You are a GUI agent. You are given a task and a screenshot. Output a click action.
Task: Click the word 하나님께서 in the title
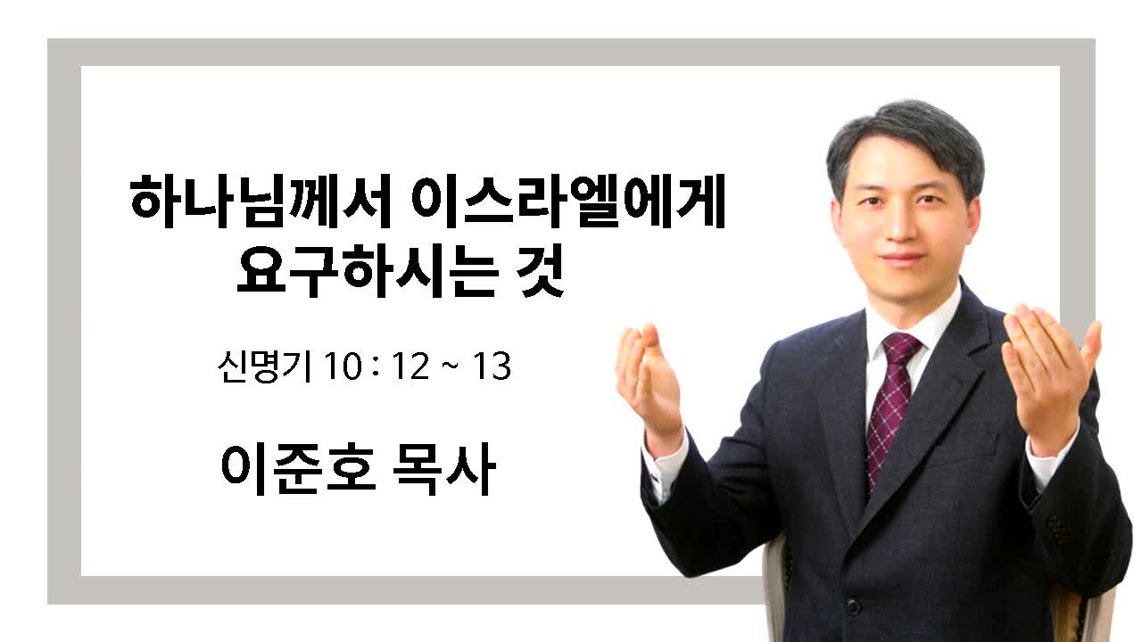pos(260,202)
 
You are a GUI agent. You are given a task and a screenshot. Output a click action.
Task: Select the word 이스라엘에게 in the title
pos(568,202)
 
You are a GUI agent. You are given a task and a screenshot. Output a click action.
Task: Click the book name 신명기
pos(264,366)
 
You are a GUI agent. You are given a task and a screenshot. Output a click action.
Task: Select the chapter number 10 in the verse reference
pos(343,366)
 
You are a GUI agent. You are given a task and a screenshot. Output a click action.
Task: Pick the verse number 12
pos(410,366)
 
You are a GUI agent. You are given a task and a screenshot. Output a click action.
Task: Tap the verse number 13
pos(492,366)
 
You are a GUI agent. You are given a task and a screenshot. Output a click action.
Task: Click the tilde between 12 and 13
pos(451,365)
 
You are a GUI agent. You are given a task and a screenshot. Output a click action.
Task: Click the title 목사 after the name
pos(444,469)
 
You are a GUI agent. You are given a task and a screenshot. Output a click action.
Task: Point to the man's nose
pos(901,226)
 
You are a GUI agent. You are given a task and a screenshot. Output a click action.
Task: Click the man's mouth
pos(902,258)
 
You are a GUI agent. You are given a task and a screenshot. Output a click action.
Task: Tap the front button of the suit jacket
pos(852,605)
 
